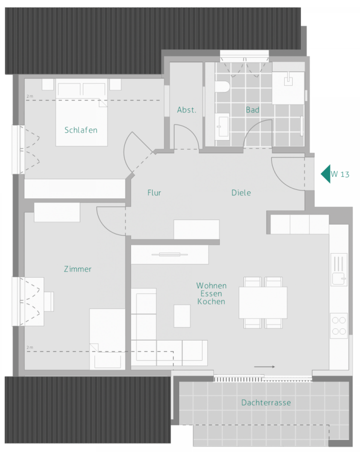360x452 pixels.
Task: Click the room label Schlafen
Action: [81, 130]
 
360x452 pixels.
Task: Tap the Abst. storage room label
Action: [186, 110]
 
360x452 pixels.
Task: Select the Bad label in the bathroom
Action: [252, 110]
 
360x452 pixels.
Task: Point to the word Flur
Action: [154, 192]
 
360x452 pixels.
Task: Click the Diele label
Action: [241, 192]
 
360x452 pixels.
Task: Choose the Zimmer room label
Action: [78, 269]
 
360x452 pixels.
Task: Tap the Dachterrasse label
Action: [266, 402]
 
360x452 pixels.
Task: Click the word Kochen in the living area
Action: [211, 302]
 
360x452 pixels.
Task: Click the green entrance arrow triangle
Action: [326, 174]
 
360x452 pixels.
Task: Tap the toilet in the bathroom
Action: [221, 86]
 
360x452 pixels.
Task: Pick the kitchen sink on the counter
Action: [338, 269]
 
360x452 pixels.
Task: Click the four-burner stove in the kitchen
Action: [338, 325]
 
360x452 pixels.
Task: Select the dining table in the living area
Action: [263, 302]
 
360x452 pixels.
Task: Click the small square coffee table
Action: [182, 316]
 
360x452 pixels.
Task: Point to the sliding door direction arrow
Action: [265, 367]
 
